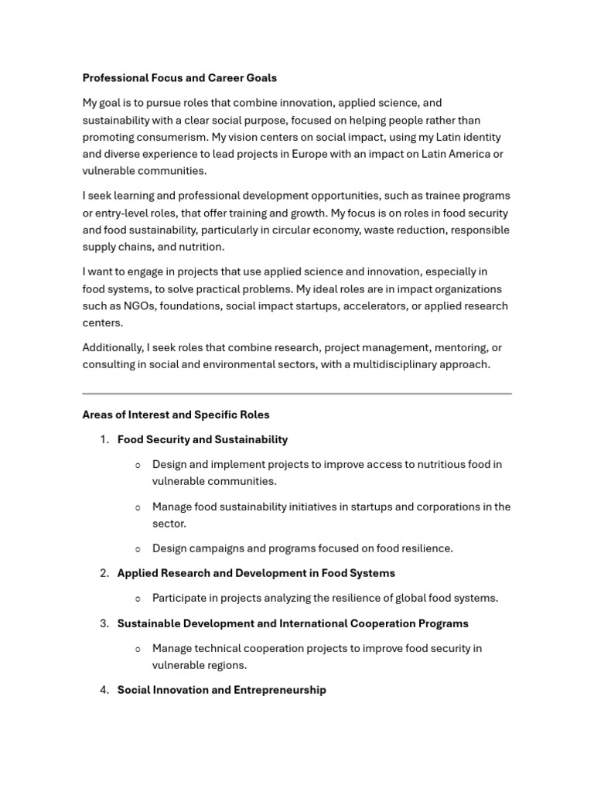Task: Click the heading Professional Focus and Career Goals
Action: [179, 78]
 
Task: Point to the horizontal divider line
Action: [297, 394]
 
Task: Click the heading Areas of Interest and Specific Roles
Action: [176, 415]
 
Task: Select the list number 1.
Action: [104, 439]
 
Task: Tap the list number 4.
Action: [104, 690]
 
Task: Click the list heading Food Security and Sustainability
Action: [203, 439]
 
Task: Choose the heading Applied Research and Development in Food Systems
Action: [256, 573]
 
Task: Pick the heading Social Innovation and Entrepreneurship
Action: [222, 690]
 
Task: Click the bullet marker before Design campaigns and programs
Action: [138, 549]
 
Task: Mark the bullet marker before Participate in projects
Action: [138, 599]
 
